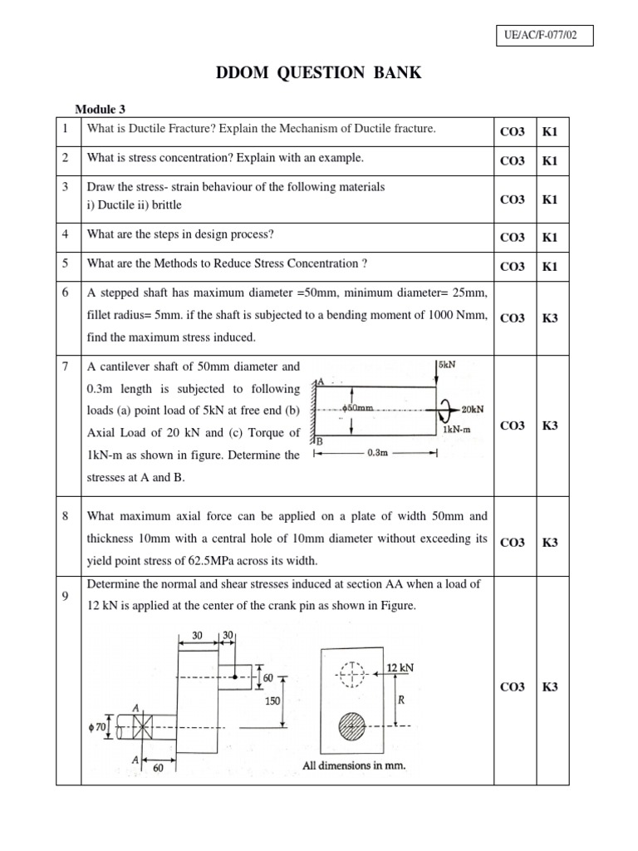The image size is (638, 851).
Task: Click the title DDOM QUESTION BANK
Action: pyautogui.click(x=319, y=73)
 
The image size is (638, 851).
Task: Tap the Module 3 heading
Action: pyautogui.click(x=101, y=109)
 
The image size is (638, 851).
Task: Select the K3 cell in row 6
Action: pyautogui.click(x=550, y=317)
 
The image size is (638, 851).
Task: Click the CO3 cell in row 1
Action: pyautogui.click(x=512, y=131)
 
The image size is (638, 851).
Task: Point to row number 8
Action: pyautogui.click(x=65, y=516)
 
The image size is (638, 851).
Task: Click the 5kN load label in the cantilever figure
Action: pyautogui.click(x=448, y=363)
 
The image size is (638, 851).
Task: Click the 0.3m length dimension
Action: pyautogui.click(x=378, y=454)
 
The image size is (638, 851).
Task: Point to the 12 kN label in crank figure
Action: pyautogui.click(x=400, y=667)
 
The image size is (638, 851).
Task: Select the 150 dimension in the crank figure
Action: pyautogui.click(x=272, y=701)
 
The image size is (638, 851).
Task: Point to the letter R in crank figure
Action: pyautogui.click(x=400, y=700)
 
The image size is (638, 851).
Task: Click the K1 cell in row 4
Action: pyautogui.click(x=550, y=238)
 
